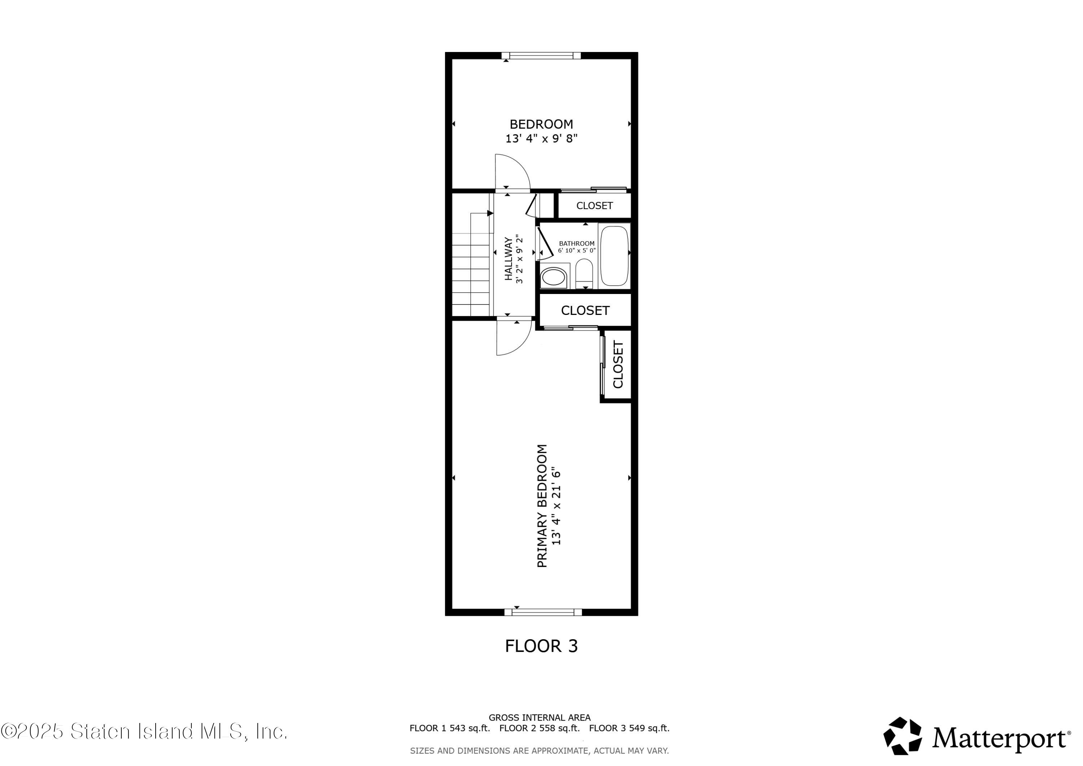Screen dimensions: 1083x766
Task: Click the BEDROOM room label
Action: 541,124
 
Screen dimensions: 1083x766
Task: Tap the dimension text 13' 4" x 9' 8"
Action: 541,139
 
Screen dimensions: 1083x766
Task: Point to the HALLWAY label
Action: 509,259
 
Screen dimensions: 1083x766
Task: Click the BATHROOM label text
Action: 577,243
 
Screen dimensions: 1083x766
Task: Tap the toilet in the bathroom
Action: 584,273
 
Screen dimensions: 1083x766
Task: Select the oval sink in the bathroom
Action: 553,277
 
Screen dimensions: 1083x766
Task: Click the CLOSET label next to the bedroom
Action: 594,206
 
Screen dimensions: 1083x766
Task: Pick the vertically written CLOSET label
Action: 618,364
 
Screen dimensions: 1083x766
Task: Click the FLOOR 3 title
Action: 541,646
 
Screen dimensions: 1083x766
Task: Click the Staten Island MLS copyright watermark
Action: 144,732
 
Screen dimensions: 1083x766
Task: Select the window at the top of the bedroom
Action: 541,56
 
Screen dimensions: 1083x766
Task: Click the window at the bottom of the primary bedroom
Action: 543,613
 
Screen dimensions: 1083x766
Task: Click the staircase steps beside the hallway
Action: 471,264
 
